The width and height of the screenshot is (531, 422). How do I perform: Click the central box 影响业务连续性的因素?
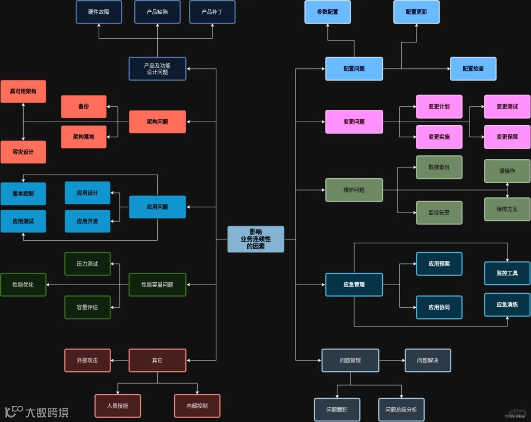(256, 239)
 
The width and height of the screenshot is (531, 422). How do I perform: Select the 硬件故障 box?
(98, 12)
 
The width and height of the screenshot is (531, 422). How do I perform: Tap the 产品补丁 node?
(212, 12)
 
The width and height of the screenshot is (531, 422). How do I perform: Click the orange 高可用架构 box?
(23, 92)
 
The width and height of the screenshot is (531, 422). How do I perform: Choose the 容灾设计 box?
(23, 152)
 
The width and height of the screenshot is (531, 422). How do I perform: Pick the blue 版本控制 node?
(23, 194)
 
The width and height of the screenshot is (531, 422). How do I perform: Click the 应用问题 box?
(157, 207)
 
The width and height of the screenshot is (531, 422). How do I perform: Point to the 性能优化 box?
(23, 285)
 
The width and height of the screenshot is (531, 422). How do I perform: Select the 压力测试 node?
(88, 264)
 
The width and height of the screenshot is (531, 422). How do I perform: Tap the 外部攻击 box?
(88, 360)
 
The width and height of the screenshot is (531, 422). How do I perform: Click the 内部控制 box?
(197, 406)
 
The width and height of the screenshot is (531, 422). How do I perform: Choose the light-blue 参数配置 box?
(327, 12)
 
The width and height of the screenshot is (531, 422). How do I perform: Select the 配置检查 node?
(473, 68)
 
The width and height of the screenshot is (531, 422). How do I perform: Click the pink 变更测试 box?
(507, 106)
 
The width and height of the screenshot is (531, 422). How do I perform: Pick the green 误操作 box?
(507, 171)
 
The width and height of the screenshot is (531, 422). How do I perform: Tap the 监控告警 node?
(439, 213)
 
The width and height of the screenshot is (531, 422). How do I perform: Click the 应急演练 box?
(507, 304)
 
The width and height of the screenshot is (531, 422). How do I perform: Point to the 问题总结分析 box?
(401, 410)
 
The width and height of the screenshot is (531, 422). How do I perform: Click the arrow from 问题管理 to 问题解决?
(392, 360)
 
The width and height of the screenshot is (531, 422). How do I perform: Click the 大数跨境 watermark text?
(47, 412)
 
